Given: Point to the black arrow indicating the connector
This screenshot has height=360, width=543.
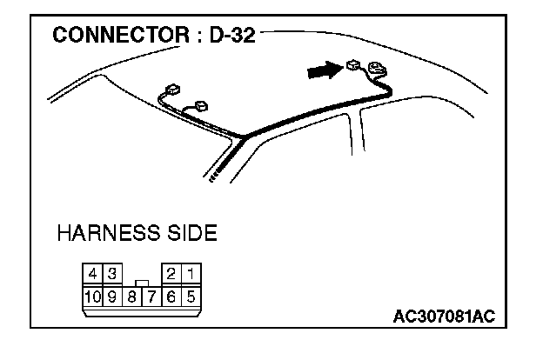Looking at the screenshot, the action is coord(324,71).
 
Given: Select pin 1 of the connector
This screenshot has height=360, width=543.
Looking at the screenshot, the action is coord(191,274).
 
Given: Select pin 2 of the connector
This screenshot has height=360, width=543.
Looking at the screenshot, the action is coord(172,274).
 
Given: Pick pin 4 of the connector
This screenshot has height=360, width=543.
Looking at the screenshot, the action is coord(93,274).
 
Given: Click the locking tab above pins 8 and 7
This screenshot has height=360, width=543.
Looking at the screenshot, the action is coord(142,282).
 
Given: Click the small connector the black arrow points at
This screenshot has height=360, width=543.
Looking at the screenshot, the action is coord(352,66).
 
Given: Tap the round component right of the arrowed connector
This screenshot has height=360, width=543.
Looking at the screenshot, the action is coord(377,68).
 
